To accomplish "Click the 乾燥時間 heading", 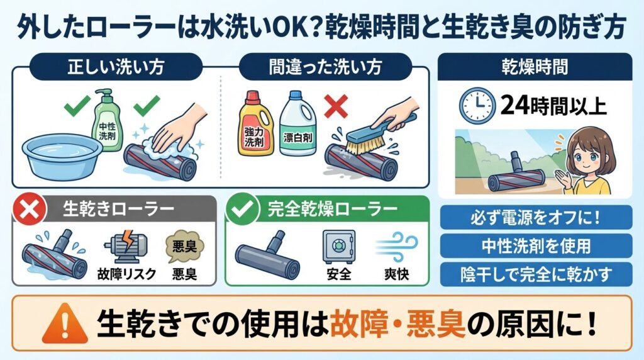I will coord(535,66).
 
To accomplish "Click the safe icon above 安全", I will coord(339,245).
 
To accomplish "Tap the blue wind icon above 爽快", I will coord(391,245).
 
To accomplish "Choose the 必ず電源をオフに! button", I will coord(535,217).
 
